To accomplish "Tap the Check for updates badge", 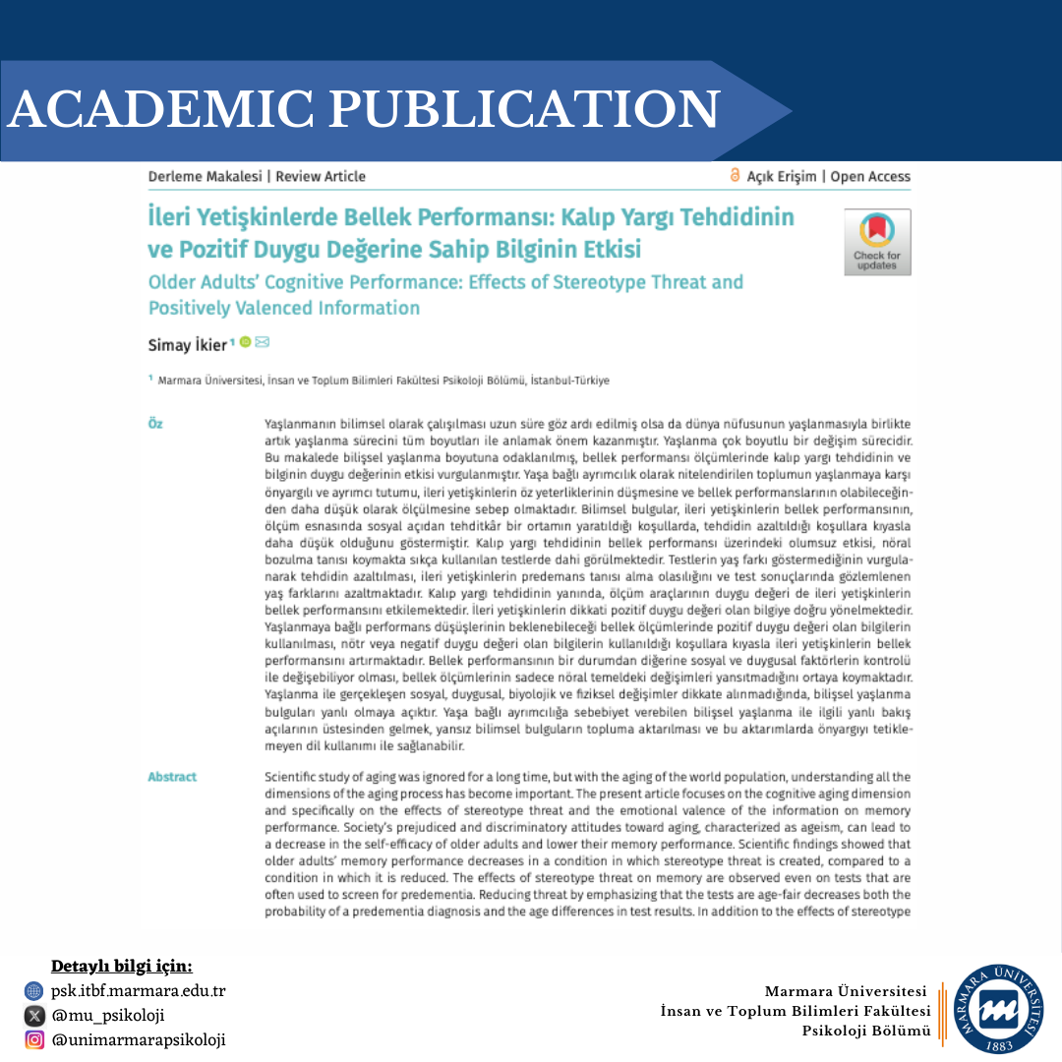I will tap(876, 242).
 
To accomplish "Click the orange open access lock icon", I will tap(734, 176).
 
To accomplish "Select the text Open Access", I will tap(870, 177).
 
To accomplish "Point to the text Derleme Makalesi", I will tap(205, 177).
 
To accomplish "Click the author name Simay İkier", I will tap(187, 345).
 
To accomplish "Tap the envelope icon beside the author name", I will tap(263, 343).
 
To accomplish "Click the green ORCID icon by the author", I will tap(245, 343).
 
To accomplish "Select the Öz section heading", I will tap(155, 424).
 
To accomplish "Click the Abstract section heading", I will tap(172, 777).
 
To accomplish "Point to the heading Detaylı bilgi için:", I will tap(122, 966).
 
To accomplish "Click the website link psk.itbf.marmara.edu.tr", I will tap(139, 991).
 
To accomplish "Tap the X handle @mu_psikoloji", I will tap(108, 1016).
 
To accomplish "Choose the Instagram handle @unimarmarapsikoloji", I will tap(139, 1040).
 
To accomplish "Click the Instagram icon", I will tap(34, 1040).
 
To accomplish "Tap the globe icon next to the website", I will tap(34, 991).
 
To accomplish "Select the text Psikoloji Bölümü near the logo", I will tap(866, 1031).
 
